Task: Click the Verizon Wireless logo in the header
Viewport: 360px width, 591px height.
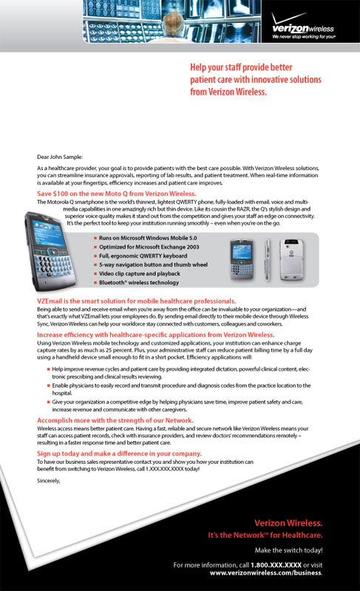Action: (x=302, y=26)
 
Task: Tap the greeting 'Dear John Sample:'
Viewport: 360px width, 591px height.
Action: (x=60, y=157)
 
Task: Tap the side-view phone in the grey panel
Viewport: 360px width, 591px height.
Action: (x=268, y=260)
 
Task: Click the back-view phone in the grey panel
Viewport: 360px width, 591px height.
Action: (x=291, y=260)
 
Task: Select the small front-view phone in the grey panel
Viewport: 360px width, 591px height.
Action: (x=241, y=259)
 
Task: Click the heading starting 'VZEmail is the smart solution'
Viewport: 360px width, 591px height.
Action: (x=136, y=301)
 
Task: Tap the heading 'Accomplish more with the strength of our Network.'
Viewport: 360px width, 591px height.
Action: (x=115, y=420)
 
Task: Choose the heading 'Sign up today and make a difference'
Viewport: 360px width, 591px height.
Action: (x=119, y=454)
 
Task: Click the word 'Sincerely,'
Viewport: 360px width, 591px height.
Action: (x=49, y=481)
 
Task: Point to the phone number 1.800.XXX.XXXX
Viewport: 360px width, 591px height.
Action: (x=276, y=565)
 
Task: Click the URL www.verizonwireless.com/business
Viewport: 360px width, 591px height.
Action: (x=266, y=573)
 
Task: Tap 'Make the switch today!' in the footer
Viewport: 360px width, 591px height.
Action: (x=289, y=550)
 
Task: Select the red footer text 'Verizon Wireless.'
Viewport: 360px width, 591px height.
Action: (x=288, y=523)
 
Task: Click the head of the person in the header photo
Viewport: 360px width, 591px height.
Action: (x=174, y=20)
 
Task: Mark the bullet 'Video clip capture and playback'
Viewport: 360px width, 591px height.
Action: (x=140, y=273)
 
